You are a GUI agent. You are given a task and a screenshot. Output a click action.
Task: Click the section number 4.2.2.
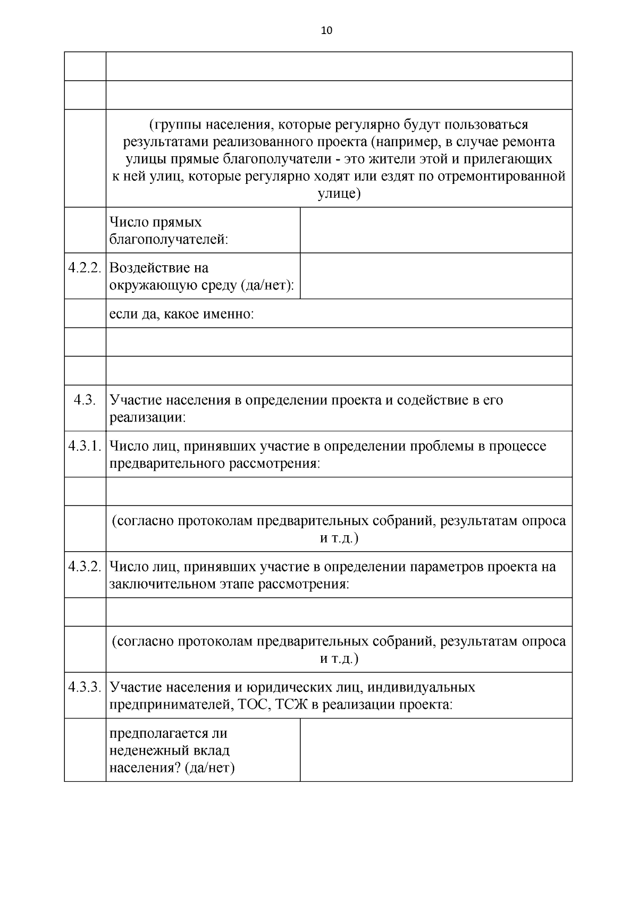point(85,267)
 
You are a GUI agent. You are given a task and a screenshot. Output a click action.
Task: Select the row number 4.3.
point(85,400)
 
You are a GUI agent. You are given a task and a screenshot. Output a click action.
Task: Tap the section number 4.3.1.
point(85,446)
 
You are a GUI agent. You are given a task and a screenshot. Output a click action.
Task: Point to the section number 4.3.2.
point(85,567)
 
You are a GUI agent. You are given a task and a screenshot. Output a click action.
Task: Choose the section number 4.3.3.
point(85,687)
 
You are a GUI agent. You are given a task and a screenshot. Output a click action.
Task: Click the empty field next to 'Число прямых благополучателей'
point(436,230)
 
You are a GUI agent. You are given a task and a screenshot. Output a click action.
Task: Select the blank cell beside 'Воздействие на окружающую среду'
point(436,275)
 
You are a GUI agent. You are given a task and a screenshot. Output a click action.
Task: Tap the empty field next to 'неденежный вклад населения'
point(436,750)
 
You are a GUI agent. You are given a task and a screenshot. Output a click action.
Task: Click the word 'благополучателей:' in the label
point(169,240)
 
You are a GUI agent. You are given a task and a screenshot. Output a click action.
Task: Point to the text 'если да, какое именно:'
point(182,314)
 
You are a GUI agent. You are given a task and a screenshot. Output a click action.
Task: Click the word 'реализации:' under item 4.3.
point(148,418)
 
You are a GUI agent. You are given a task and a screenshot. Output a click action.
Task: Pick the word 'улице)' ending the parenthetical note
point(339,194)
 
